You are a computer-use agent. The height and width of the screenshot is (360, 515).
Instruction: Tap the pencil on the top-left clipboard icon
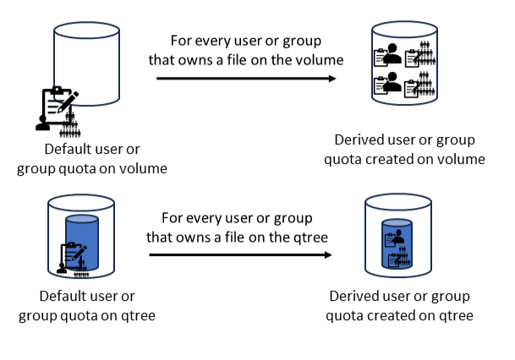[x=69, y=99]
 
